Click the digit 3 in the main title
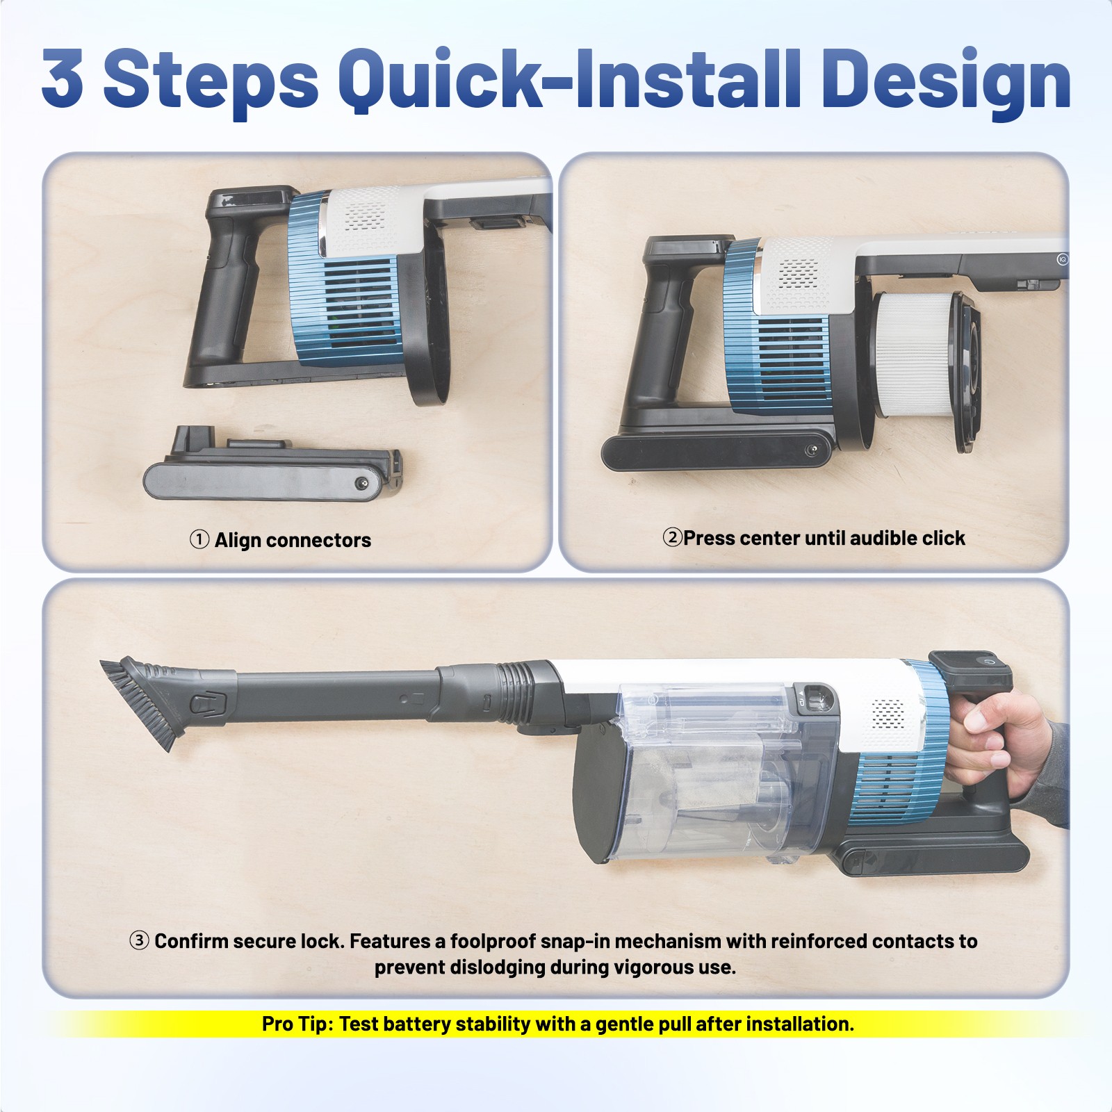pos(63,78)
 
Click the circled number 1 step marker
pos(199,539)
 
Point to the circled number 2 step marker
pos(672,537)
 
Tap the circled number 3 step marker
pos(139,940)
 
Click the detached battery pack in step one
pos(272,465)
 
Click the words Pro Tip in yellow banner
pos(297,1024)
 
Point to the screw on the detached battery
pos(361,483)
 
